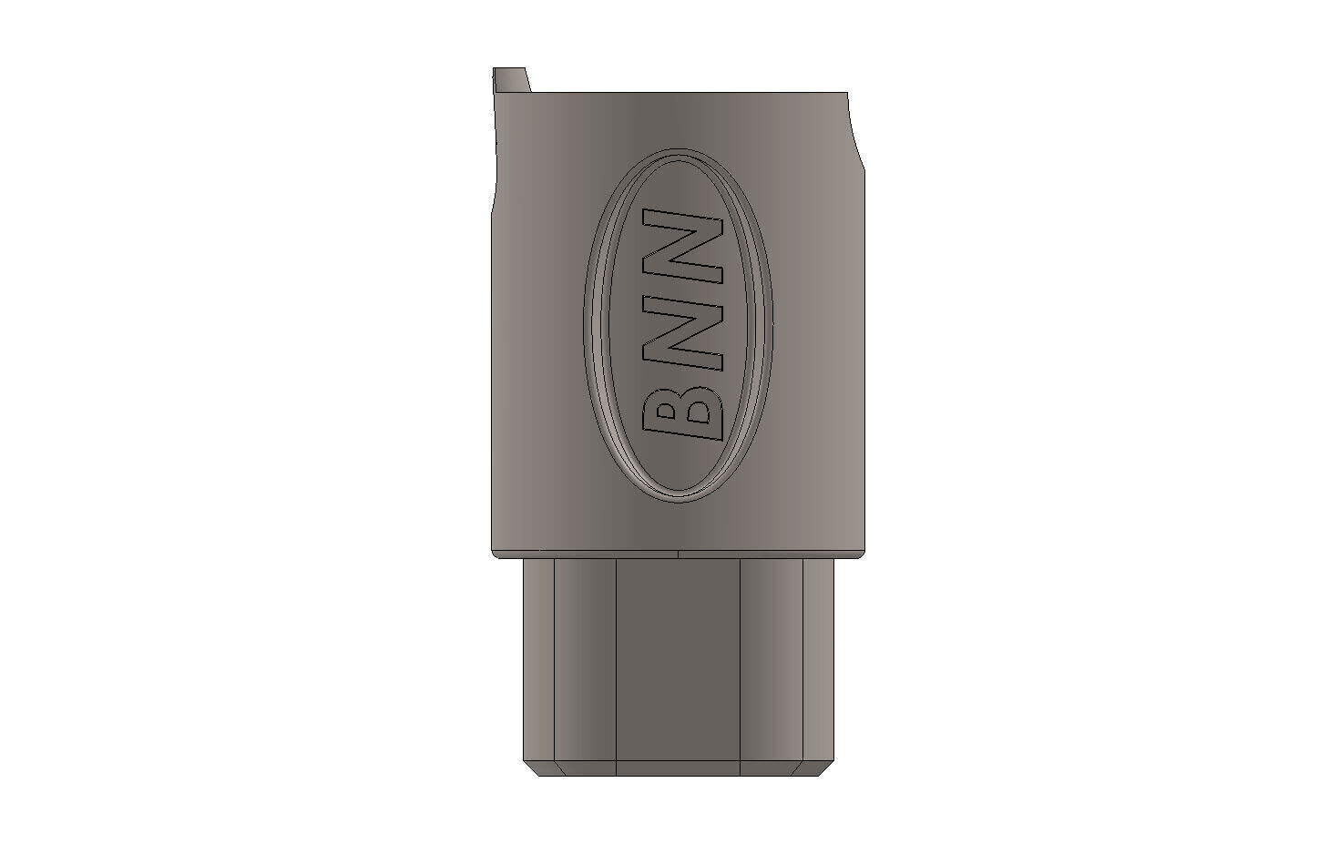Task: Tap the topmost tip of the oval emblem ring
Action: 679,148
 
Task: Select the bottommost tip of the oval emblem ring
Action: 679,500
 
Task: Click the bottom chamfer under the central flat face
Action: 679,768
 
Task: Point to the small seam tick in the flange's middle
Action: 680,552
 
